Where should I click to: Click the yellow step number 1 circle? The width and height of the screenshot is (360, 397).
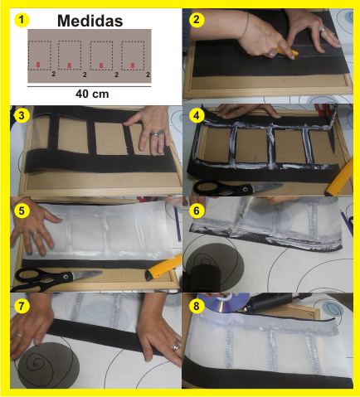click(x=22, y=19)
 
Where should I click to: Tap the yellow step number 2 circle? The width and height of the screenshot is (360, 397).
click(x=197, y=19)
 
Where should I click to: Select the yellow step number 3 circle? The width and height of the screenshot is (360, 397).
click(x=22, y=115)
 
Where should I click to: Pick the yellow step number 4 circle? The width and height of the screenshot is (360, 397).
click(x=197, y=115)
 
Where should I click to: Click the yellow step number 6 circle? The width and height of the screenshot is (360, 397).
click(x=197, y=211)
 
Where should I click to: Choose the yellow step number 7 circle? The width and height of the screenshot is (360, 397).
click(x=22, y=305)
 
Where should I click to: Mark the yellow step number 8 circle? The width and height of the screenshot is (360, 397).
click(x=197, y=305)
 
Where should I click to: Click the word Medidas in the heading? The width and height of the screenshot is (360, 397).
click(x=89, y=20)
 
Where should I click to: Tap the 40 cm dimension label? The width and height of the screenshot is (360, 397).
click(x=90, y=94)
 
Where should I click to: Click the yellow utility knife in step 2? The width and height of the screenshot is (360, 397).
click(x=286, y=56)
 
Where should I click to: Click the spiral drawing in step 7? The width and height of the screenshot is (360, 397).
click(x=39, y=360)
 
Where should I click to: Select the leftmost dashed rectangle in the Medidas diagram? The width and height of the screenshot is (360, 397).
click(x=40, y=56)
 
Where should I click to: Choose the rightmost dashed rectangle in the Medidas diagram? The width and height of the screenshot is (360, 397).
click(x=132, y=56)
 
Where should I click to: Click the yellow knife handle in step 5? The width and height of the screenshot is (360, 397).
click(x=164, y=267)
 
